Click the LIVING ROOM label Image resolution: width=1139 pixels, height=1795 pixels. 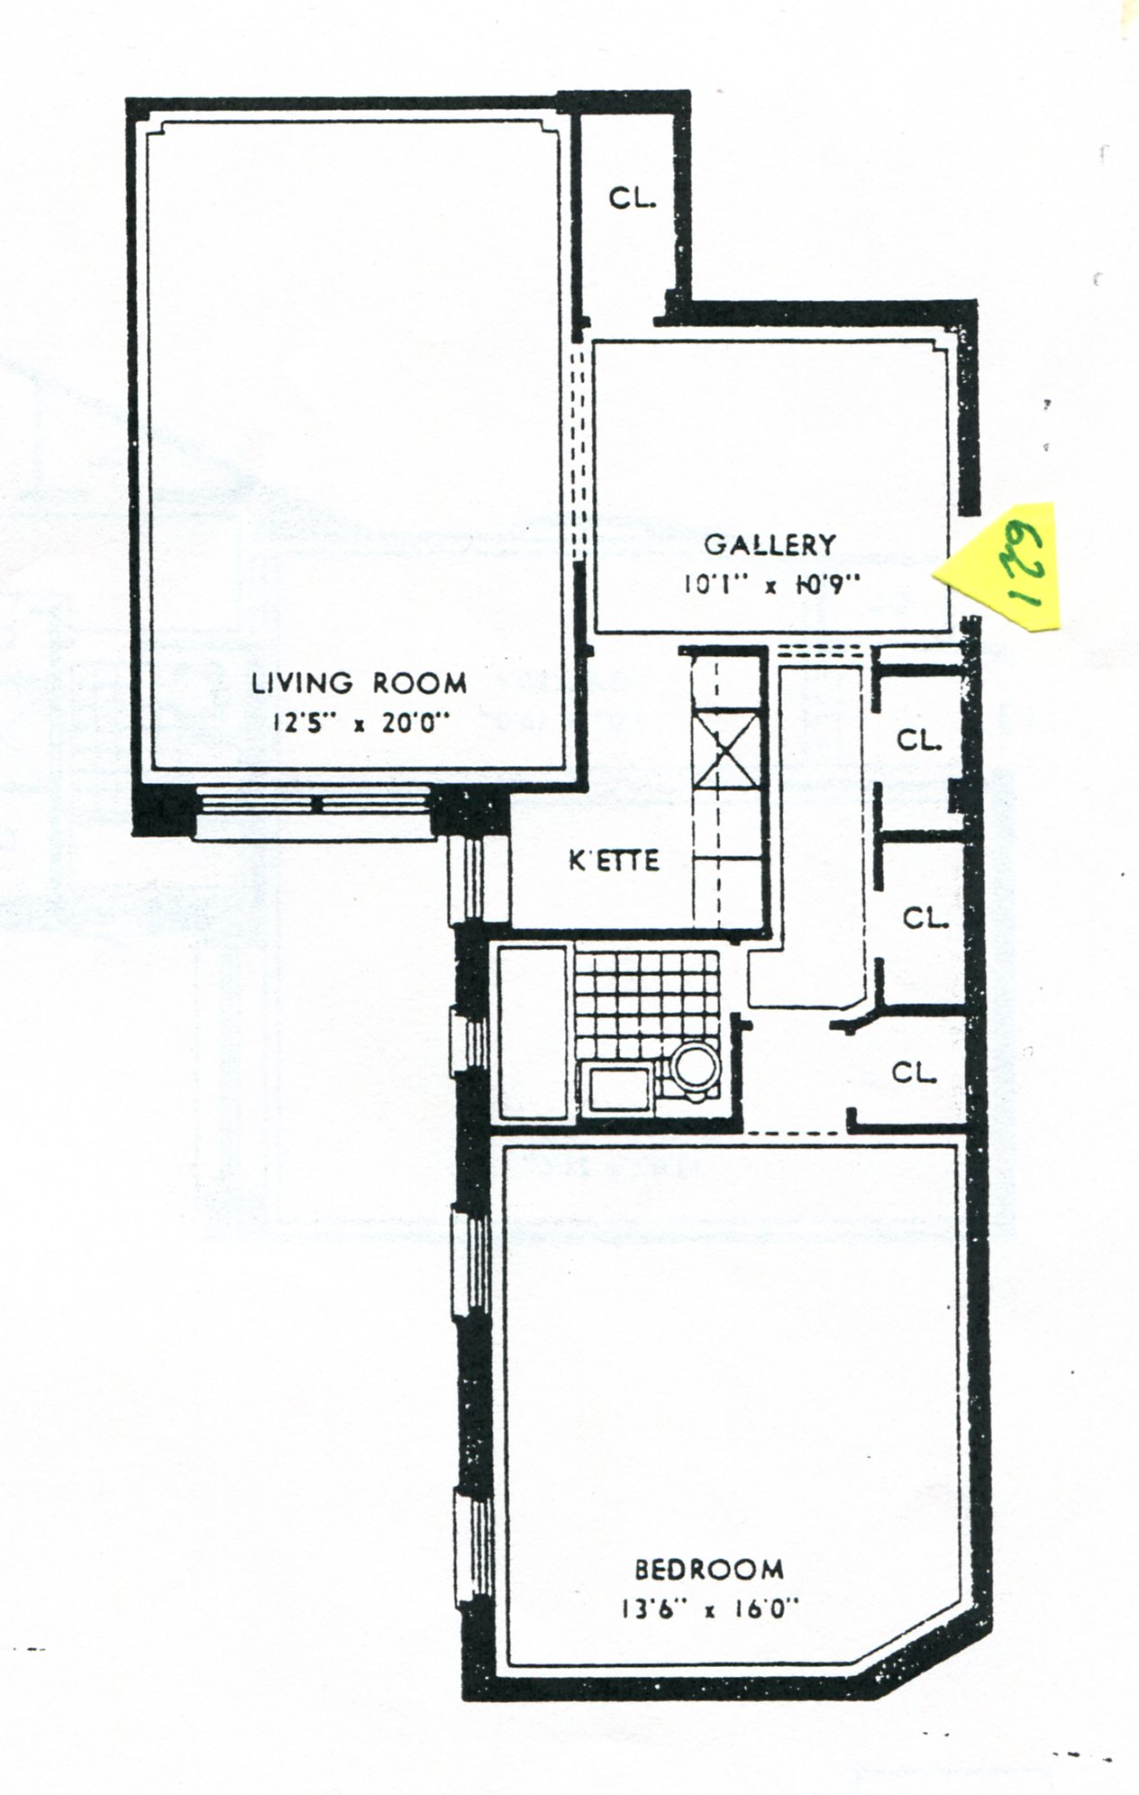(360, 683)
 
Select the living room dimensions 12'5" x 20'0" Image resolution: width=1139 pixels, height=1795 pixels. (360, 723)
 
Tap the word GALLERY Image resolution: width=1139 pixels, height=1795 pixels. (770, 545)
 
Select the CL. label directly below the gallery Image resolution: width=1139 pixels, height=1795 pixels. (919, 741)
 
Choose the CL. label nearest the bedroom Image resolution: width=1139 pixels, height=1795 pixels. (916, 1073)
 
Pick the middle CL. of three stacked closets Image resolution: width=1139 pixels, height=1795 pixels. (926, 919)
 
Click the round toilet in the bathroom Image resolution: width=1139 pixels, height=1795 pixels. (695, 1071)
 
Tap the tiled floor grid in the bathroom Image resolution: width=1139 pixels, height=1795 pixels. (646, 1002)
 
